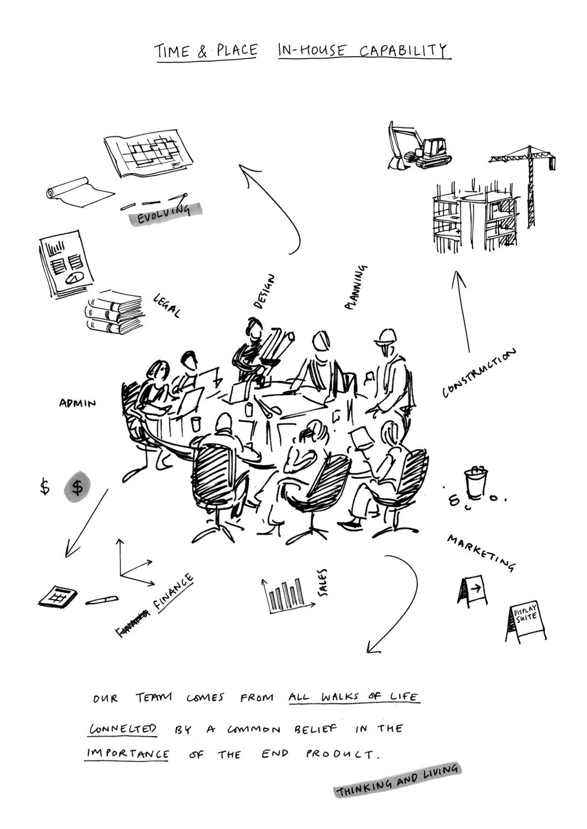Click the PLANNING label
click(356, 287)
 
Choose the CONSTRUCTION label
click(479, 373)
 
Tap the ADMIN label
click(77, 403)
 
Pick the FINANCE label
click(174, 592)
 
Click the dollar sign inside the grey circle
click(77, 487)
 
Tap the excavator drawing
click(419, 146)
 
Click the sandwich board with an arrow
click(473, 591)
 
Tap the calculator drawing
click(58, 596)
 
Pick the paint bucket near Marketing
click(475, 481)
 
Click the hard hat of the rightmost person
click(385, 336)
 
